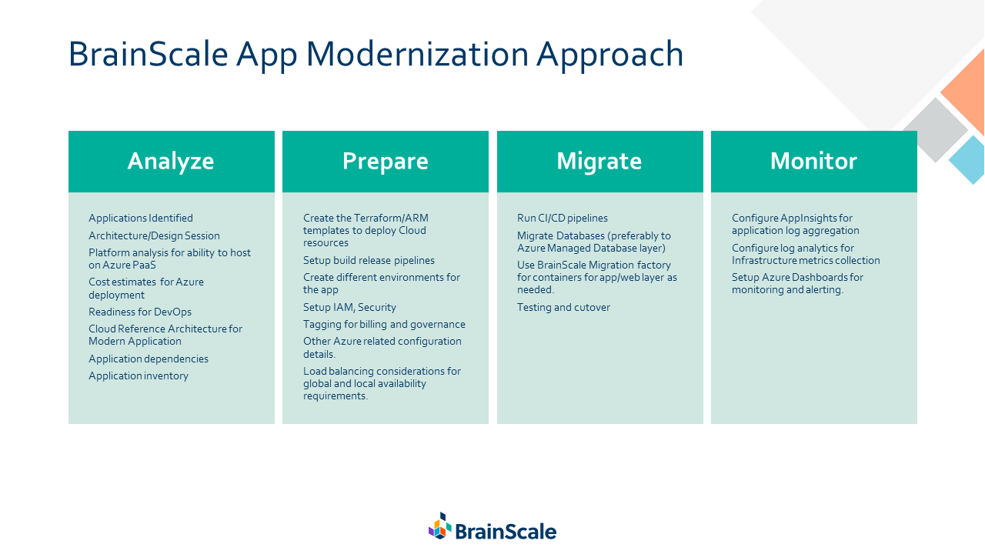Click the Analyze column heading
point(171,162)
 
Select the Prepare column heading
point(386,162)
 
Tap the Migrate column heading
point(599,161)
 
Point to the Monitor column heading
point(813,161)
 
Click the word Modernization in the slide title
point(417,54)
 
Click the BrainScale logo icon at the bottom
point(440,526)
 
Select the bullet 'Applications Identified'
point(141,218)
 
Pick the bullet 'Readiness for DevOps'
point(140,312)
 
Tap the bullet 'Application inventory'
point(139,376)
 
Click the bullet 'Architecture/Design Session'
point(154,235)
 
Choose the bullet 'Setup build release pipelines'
point(369,260)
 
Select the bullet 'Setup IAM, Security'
point(349,307)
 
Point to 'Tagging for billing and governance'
point(384,325)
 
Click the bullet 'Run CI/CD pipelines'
point(563,218)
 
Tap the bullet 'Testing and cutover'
point(563,307)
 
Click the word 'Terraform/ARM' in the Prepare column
point(391,218)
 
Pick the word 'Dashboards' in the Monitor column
point(816,278)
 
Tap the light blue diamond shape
point(967,159)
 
